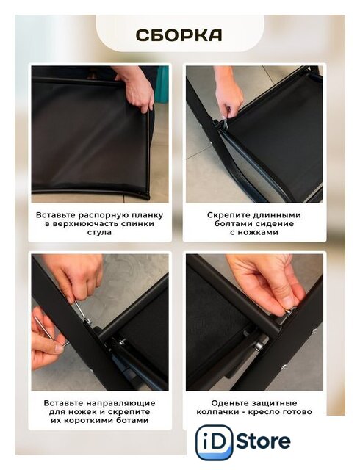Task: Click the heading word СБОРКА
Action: point(179,35)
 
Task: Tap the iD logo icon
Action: point(215,442)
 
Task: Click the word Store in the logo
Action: point(264,441)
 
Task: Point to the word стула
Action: point(99,232)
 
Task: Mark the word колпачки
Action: point(217,411)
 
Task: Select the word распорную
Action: point(104,215)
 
